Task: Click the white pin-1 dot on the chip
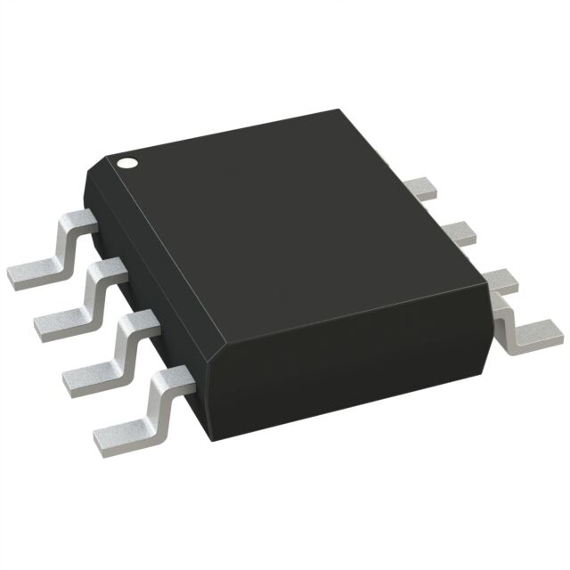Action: [127, 163]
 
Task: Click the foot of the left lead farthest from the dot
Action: [120, 432]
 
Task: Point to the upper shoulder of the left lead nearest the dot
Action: [80, 218]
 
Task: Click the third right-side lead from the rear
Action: [499, 280]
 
